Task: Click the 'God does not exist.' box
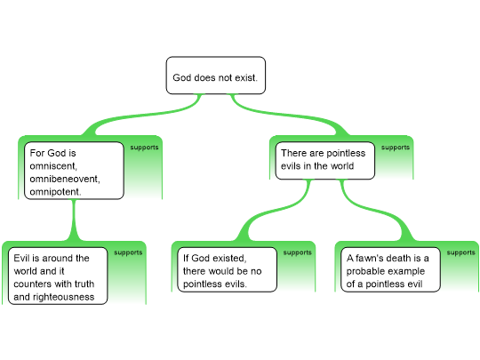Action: coord(216,76)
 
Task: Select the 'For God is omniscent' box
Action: coord(74,171)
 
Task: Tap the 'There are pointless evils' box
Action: coord(325,160)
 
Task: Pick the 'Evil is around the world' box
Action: coord(58,276)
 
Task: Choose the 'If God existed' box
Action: coord(228,269)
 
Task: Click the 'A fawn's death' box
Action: coord(390,269)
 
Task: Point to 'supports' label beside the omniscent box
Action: coord(145,148)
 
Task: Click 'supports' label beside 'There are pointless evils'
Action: coord(396,148)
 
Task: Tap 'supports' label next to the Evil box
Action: coord(128,252)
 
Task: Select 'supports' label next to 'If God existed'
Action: coord(298,252)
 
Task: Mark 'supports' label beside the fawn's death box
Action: coord(461,252)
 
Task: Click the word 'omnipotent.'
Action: coord(55,192)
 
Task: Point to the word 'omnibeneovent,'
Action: coord(65,179)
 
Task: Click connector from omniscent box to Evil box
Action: coord(74,220)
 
